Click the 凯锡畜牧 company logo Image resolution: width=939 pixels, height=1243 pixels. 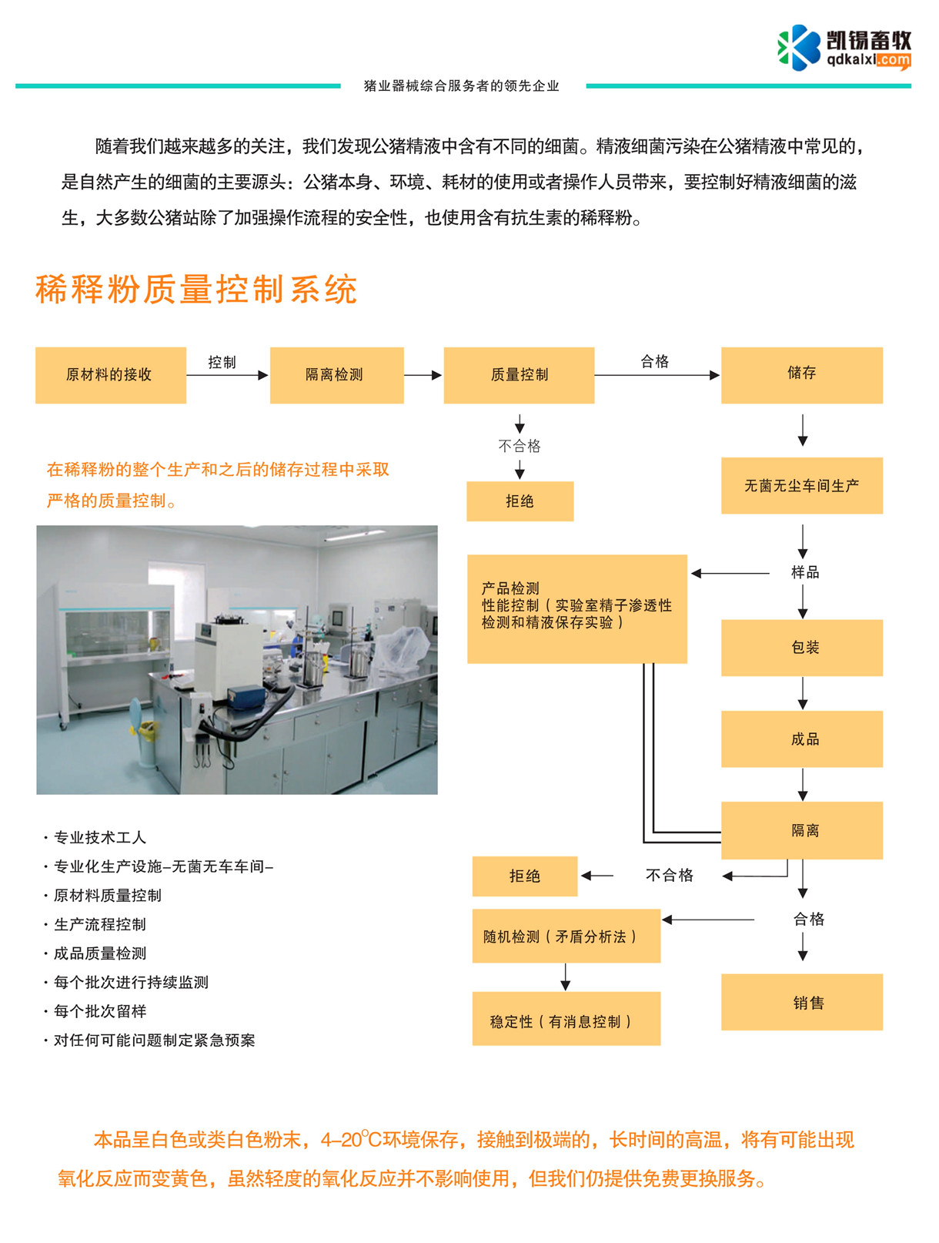coord(844,48)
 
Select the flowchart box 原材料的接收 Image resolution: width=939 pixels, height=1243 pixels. coord(110,375)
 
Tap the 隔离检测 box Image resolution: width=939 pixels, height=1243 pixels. coord(336,375)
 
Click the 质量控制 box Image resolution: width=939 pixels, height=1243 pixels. coord(519,375)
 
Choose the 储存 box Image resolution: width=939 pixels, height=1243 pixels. coord(801,375)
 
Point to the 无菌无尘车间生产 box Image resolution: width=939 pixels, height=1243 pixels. coord(801,486)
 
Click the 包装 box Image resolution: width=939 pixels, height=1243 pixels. coord(801,648)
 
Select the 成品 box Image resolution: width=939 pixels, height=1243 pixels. coord(801,739)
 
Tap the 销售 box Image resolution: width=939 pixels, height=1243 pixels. coord(801,1002)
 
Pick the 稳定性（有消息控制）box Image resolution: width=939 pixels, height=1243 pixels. coord(566,1019)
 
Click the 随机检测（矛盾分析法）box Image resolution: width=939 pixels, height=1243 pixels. coord(566,936)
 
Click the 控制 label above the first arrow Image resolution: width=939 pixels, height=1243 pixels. coord(222,362)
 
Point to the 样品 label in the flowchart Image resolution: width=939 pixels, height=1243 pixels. coord(805,572)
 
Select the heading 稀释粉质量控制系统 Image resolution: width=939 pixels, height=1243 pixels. coord(196,290)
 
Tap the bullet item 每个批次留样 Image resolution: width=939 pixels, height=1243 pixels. coord(100,1011)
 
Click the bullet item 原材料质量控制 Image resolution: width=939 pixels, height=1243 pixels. coord(108,896)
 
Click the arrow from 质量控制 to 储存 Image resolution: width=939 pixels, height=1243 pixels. coord(657,375)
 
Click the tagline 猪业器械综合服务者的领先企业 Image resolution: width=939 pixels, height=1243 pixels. coord(462,85)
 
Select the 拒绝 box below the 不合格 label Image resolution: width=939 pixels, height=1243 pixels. coord(520,501)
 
